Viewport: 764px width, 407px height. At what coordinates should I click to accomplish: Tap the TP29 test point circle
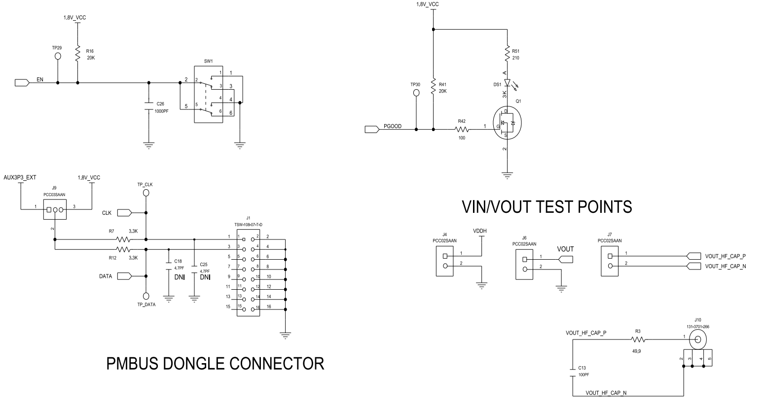58,56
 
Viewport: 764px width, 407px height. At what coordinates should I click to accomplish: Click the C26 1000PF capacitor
148,107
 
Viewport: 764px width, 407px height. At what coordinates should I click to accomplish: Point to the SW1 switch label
208,62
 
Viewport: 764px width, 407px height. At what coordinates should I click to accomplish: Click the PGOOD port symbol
371,130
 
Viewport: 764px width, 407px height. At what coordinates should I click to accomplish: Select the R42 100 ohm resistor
461,130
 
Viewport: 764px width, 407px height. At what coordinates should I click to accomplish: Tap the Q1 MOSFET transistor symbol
507,123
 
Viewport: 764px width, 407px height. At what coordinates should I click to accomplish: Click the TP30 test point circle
416,93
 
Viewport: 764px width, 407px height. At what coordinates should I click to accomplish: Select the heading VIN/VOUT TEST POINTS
546,206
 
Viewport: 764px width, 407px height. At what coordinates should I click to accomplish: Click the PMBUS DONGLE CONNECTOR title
216,364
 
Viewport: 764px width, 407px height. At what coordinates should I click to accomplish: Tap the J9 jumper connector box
55,210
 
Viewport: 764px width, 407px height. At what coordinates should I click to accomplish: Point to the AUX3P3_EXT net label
20,177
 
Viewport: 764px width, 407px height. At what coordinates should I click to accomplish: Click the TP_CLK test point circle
146,193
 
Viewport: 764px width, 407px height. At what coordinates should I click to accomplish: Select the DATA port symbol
123,276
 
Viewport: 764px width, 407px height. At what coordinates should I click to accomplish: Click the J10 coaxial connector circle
697,339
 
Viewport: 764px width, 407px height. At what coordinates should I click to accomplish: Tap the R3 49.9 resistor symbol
638,339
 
